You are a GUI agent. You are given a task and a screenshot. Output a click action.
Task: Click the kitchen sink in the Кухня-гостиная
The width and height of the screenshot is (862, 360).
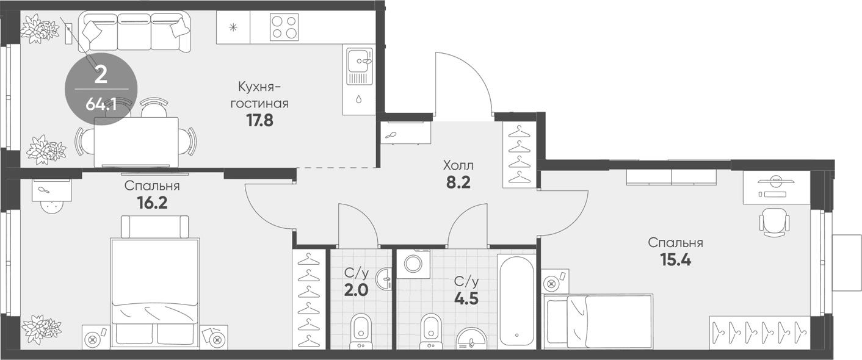pos(360,66)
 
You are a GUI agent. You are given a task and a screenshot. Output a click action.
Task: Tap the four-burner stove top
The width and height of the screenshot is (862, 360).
pos(284,27)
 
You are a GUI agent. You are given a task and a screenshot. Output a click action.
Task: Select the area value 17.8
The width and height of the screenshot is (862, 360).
pos(259,120)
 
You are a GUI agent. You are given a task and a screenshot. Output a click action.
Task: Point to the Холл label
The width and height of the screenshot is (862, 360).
pos(458,166)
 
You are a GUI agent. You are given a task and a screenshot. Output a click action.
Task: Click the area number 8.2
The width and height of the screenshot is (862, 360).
pos(458,182)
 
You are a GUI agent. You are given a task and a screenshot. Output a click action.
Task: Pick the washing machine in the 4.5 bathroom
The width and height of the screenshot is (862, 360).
pos(414,264)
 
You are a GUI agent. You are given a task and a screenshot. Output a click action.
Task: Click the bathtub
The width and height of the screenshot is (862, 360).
pos(516,301)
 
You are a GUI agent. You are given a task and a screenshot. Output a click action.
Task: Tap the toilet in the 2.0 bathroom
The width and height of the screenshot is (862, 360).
pos(361,331)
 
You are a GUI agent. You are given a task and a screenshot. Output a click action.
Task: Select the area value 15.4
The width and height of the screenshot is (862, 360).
pos(676,261)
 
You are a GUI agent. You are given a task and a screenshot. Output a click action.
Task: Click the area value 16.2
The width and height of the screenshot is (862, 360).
pos(152,203)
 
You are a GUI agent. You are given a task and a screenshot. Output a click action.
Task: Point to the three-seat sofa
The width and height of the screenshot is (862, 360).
pos(135,32)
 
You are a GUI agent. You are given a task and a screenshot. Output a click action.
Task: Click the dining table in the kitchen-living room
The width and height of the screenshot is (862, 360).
pos(136,142)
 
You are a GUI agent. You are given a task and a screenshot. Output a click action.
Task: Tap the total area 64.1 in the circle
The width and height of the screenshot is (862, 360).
pos(101,104)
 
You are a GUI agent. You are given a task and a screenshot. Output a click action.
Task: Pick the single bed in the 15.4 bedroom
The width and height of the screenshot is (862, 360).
pos(597,322)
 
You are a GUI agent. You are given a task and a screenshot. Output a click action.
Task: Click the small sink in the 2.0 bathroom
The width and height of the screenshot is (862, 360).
pos(384,279)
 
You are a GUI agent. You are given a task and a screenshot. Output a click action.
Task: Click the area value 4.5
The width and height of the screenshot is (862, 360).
pos(466,298)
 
